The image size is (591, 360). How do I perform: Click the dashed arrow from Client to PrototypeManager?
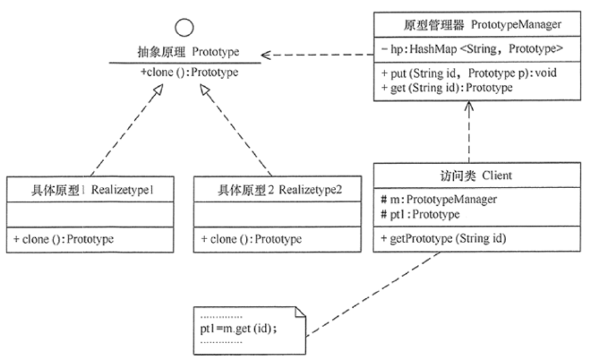(466, 134)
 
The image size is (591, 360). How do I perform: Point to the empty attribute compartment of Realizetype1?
(93, 215)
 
